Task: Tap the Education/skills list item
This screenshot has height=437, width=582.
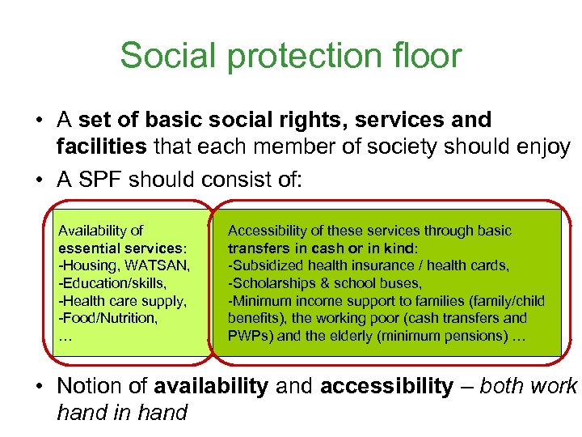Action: tap(112, 282)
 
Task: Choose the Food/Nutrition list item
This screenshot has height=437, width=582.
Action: tap(108, 318)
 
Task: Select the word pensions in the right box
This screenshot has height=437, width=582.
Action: tap(472, 335)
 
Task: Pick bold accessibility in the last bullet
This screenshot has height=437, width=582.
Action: tap(386, 387)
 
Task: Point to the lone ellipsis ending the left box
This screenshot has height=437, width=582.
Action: tap(65, 335)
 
